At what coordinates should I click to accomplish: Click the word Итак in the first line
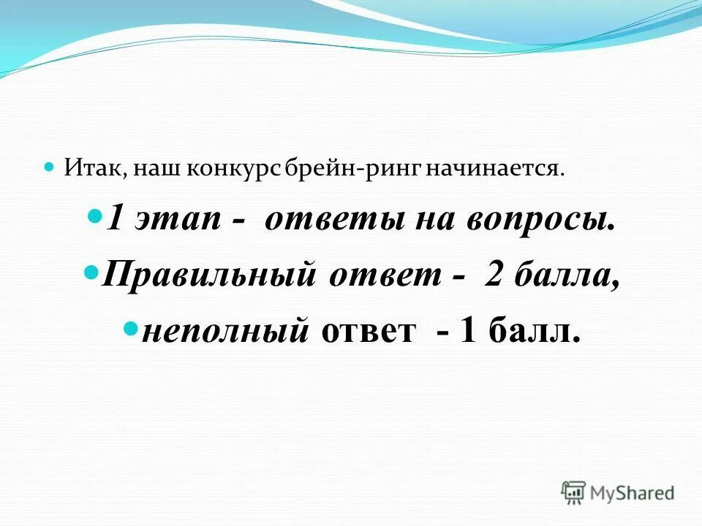pyautogui.click(x=87, y=169)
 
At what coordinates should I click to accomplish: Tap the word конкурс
pyautogui.click(x=233, y=169)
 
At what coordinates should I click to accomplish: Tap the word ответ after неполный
pyautogui.click(x=368, y=332)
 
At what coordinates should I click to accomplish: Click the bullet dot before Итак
pyautogui.click(x=50, y=167)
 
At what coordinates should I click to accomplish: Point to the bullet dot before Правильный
pyautogui.click(x=91, y=272)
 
